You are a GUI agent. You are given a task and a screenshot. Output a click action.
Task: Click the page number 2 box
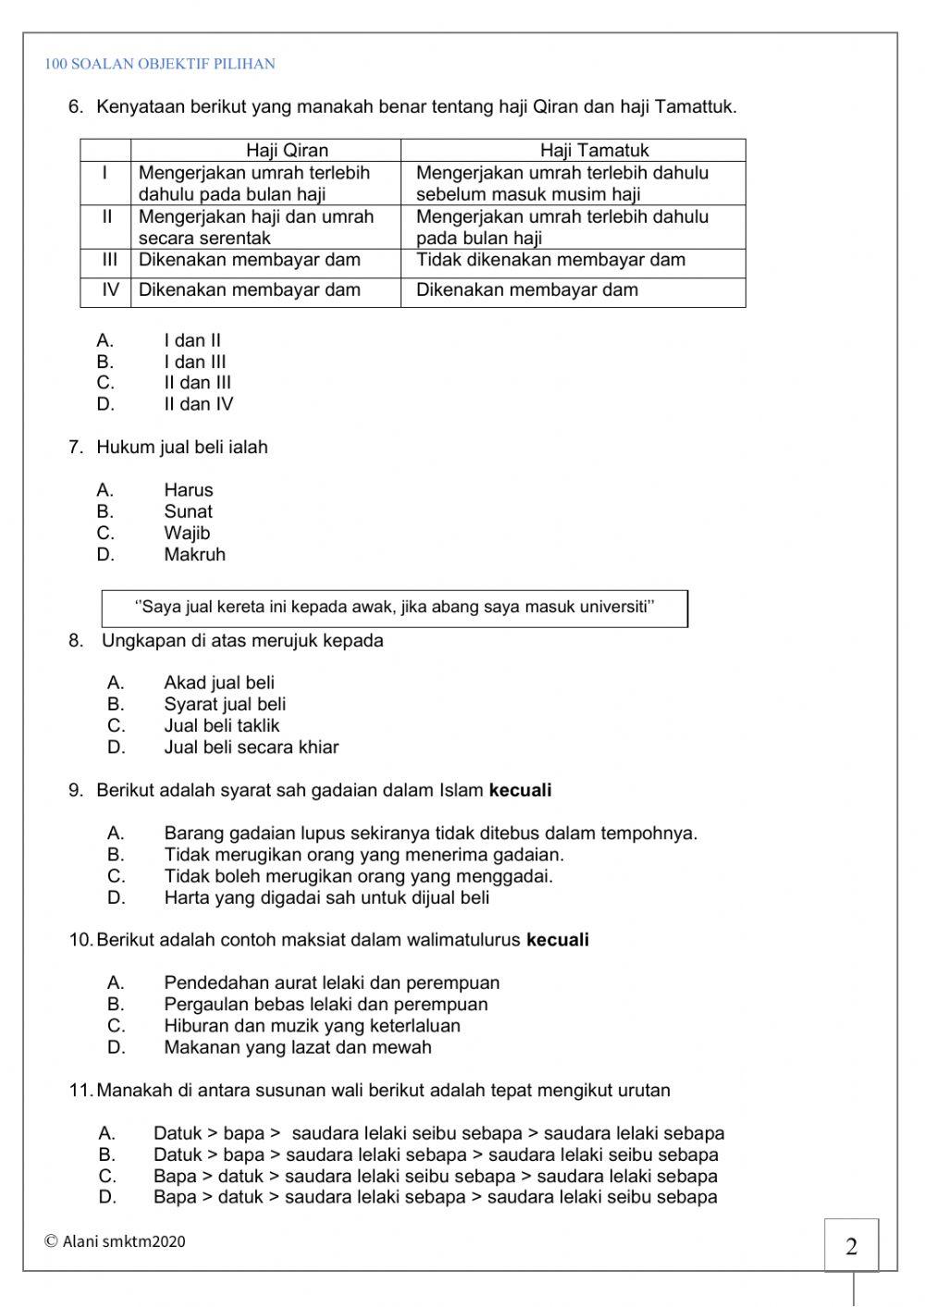tap(851, 1246)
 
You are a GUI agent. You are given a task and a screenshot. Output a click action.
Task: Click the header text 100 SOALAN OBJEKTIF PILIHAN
tap(160, 65)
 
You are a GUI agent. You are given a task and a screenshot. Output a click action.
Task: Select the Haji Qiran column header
tap(287, 150)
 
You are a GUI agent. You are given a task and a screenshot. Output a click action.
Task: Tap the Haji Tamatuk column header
tap(595, 150)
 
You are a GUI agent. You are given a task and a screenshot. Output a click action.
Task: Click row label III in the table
tap(110, 260)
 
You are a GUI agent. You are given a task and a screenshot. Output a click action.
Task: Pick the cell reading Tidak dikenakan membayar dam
tap(550, 260)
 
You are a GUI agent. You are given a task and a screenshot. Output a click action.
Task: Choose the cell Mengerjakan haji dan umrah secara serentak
tap(256, 227)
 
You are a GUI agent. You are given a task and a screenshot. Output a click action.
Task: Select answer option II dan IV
tap(199, 404)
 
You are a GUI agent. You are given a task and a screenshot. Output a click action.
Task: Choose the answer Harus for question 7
tap(189, 490)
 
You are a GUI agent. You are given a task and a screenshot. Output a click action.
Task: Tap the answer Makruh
tap(195, 555)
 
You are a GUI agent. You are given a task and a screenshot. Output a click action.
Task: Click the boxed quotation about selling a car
tap(395, 608)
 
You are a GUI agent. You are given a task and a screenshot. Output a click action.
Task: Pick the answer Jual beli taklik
tap(222, 726)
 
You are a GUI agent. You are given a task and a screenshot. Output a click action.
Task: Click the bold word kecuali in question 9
tap(520, 791)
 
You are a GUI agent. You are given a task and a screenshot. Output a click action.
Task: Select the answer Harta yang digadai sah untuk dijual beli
tap(327, 898)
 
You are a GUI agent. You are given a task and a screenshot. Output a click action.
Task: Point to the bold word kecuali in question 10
tap(558, 941)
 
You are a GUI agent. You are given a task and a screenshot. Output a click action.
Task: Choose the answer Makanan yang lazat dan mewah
tap(298, 1048)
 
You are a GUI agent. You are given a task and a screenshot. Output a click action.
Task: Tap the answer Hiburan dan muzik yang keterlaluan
tap(312, 1026)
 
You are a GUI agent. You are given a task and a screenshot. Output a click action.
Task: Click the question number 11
tap(80, 1091)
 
